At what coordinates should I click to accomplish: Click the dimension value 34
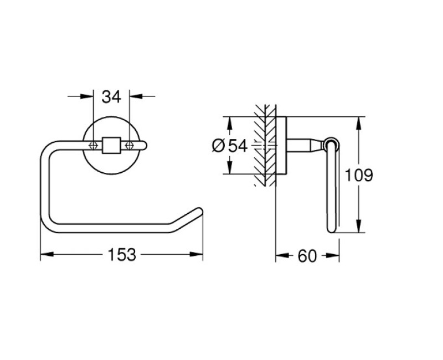pos(111,97)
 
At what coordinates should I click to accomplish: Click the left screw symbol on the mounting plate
pos(94,145)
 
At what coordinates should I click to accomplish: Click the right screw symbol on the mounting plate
pos(130,145)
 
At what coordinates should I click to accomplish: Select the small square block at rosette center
pos(111,145)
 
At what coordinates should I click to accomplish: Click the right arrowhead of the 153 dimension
pos(198,255)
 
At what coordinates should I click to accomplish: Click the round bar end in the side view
pos(333,142)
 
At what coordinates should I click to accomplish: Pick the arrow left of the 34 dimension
pos(88,97)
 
